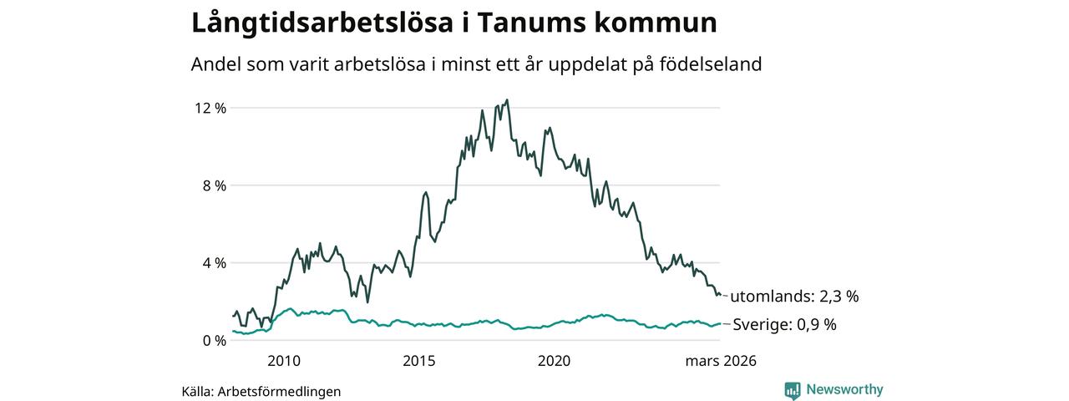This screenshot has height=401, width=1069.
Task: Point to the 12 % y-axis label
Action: click(210, 108)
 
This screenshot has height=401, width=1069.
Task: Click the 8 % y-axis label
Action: click(215, 185)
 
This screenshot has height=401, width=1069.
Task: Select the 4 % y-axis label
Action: click(215, 263)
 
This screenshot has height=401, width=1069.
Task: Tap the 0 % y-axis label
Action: click(215, 341)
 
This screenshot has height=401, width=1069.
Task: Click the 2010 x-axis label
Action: click(284, 361)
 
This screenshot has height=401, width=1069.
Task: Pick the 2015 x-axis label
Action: click(419, 361)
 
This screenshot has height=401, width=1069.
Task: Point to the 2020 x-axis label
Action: click(555, 361)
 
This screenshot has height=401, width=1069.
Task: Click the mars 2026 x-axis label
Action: click(721, 361)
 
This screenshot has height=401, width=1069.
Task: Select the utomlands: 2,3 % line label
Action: click(794, 296)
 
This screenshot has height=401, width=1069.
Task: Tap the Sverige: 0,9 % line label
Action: click(784, 325)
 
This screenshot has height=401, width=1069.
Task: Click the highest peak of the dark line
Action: click(507, 100)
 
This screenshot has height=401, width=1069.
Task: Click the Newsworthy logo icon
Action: click(793, 390)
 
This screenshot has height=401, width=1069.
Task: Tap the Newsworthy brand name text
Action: click(844, 389)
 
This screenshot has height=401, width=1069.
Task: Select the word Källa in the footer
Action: click(197, 391)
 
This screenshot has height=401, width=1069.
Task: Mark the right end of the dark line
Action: click(720, 295)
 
